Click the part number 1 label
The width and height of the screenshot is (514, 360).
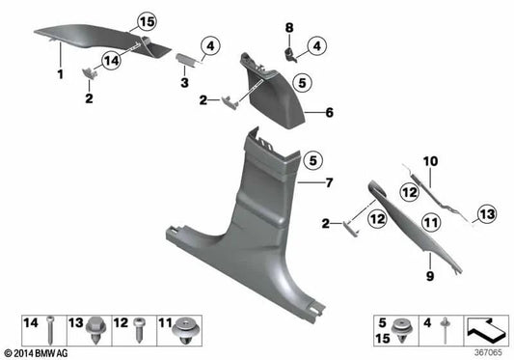coord(60,74)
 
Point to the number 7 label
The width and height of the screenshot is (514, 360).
coord(328,182)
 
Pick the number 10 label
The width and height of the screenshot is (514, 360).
coord(431,163)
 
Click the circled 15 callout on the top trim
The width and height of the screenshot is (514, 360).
coord(146,22)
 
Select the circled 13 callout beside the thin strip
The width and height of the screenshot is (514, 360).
coord(485,213)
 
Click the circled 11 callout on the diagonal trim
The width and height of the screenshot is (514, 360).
coord(431,223)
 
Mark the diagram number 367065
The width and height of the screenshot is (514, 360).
coord(488,352)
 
